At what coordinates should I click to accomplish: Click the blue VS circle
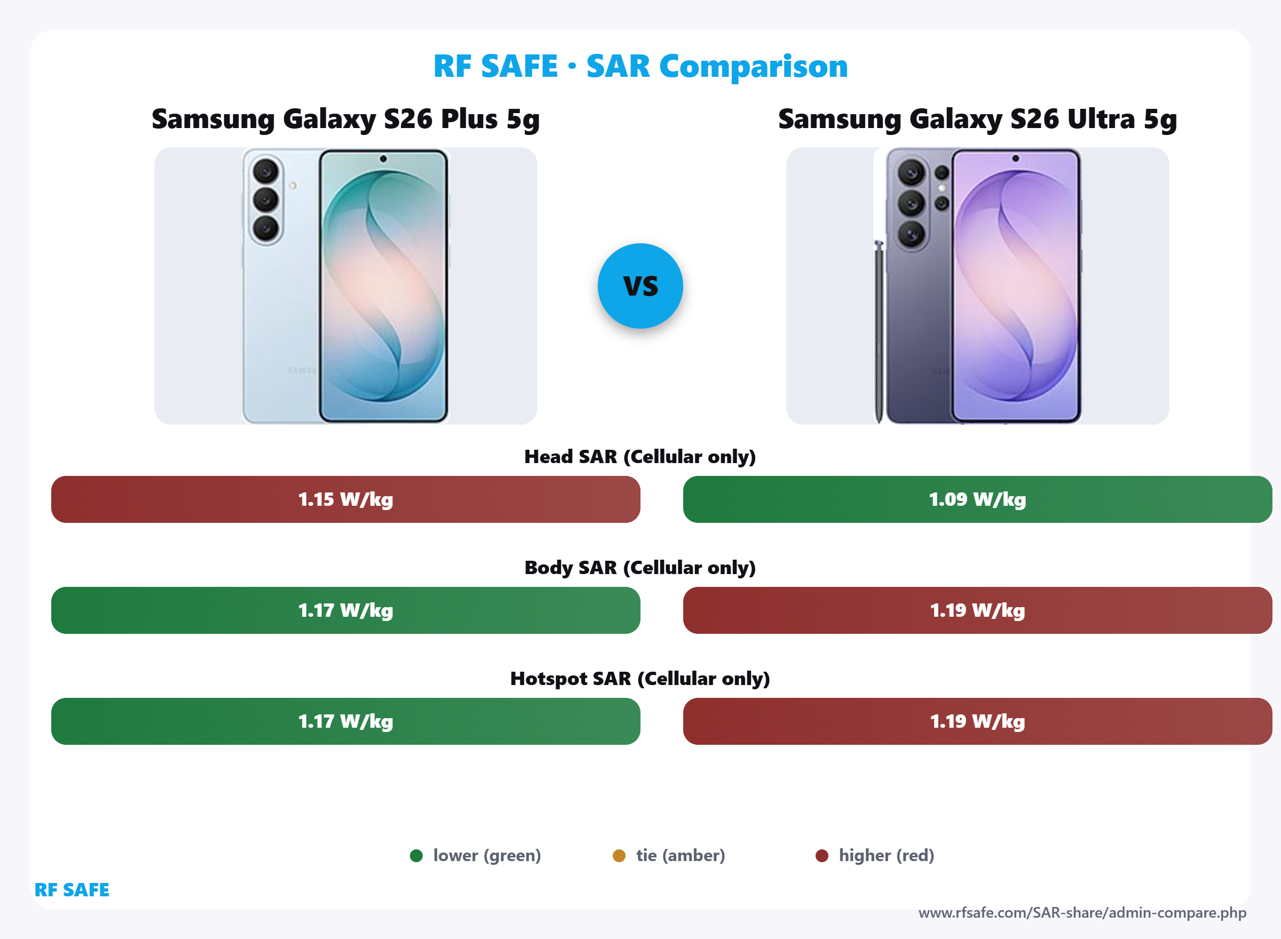coord(640,286)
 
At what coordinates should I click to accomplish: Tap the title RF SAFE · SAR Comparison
coord(640,66)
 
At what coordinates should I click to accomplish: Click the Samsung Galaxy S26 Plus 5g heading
coord(345,120)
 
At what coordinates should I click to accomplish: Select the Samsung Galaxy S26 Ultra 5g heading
coord(977,120)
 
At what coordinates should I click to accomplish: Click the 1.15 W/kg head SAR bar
coord(345,499)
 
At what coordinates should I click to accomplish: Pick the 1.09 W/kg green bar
coord(977,499)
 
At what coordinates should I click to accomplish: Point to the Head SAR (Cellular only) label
coord(639,456)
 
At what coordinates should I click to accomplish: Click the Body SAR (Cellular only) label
coord(639,567)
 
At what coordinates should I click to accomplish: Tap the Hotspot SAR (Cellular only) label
coord(639,678)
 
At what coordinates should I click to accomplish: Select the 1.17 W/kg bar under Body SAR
coord(345,610)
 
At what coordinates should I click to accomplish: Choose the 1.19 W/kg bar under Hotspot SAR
coord(977,721)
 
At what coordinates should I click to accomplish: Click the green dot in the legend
coord(416,855)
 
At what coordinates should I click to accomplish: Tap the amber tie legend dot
coord(619,855)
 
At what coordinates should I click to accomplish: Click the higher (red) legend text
coord(887,855)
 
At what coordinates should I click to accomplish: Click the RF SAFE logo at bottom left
coord(72,889)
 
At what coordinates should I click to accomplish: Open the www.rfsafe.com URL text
coord(1082,913)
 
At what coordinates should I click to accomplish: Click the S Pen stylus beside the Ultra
coord(879,330)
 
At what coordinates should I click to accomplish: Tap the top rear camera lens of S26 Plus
coord(265,171)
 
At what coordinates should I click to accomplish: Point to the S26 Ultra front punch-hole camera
coord(1016,158)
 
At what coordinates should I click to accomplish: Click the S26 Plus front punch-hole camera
coord(383,158)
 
